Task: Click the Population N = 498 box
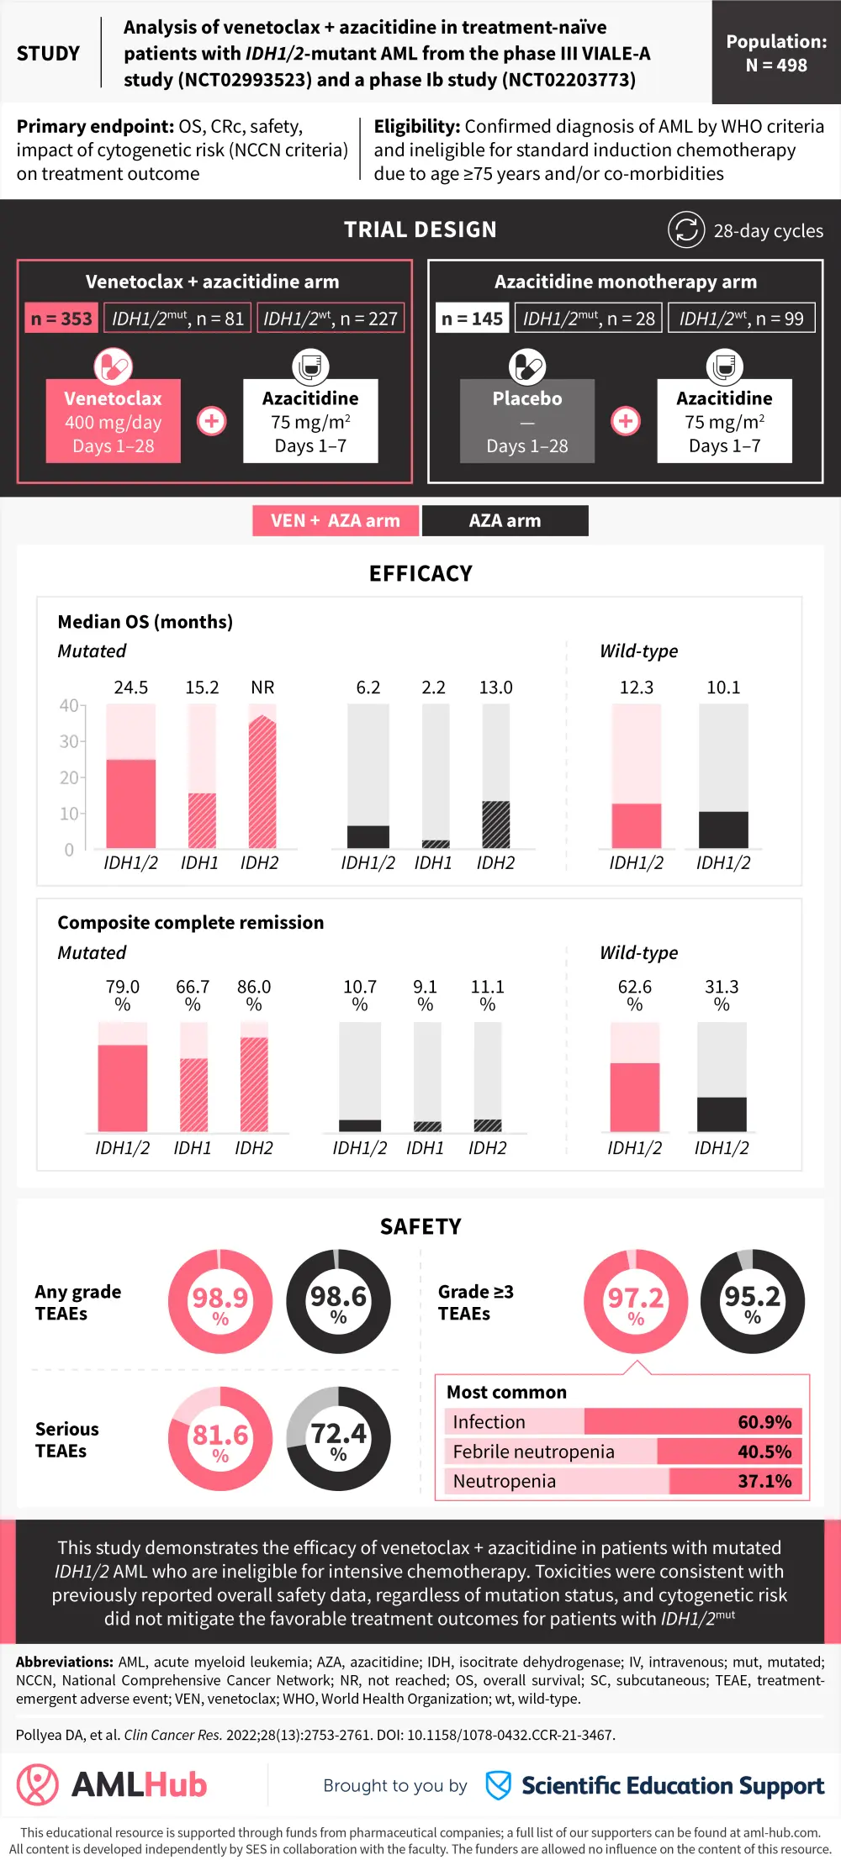[x=775, y=53]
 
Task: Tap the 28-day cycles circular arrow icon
[x=686, y=229]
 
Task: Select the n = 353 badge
[x=61, y=319]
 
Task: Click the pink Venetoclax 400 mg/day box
[x=114, y=421]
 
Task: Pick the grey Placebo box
[x=527, y=421]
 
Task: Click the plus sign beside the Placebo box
[x=626, y=421]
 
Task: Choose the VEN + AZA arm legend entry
[x=336, y=520]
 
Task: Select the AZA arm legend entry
[x=505, y=520]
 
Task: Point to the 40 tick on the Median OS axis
[x=68, y=706]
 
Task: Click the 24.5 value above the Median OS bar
[x=131, y=688]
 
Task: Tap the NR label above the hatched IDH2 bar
[x=262, y=688]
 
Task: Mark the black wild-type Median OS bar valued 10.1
[x=723, y=830]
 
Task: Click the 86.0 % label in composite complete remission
[x=254, y=994]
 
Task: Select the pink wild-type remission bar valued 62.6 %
[x=635, y=1097]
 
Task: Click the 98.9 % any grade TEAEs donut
[x=220, y=1301]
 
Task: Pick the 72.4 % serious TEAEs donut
[x=338, y=1438]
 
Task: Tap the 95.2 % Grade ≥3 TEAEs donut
[x=753, y=1301]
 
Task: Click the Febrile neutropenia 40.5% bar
[x=623, y=1452]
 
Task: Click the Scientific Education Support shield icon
[x=499, y=1785]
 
